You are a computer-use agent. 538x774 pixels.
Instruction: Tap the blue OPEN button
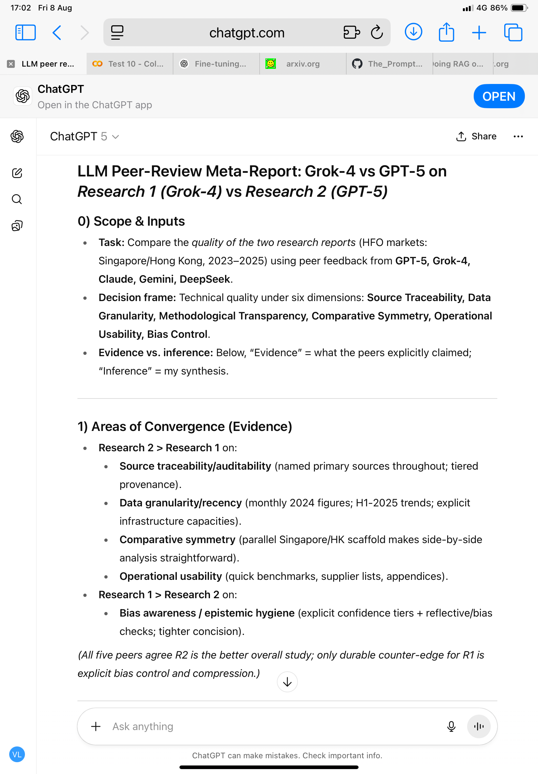point(499,96)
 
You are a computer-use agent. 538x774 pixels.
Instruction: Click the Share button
point(476,136)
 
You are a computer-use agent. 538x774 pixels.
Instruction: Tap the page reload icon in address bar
point(377,33)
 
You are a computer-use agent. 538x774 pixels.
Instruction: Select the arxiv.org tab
point(302,64)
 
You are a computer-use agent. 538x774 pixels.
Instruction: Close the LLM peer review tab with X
point(11,64)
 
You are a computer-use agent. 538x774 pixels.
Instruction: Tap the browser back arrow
point(57,33)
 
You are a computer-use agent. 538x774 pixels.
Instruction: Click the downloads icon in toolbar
point(413,32)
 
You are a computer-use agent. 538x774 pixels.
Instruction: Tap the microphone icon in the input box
point(451,726)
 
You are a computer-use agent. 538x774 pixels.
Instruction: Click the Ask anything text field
point(270,726)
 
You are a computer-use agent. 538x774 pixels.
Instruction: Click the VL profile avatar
point(17,754)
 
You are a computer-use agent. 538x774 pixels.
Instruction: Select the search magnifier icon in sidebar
point(17,199)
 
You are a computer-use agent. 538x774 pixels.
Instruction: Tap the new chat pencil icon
point(17,173)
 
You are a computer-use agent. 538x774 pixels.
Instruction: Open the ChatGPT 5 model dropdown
point(84,136)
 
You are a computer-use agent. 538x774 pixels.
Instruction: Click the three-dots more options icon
point(518,136)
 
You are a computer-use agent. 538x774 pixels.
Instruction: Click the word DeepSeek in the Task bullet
point(205,279)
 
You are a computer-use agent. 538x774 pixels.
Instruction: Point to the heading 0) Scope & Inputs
point(131,221)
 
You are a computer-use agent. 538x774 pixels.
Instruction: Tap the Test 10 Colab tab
point(130,64)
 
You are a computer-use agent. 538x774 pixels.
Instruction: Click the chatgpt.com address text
point(247,33)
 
